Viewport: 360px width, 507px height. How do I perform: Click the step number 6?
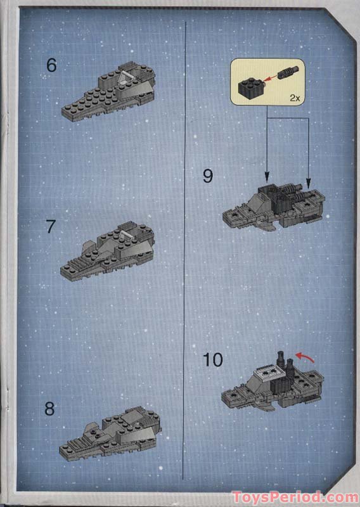click(51, 65)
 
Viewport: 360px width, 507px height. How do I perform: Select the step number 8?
click(50, 409)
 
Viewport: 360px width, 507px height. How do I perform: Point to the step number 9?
click(208, 176)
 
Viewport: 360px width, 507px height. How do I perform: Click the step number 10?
click(213, 360)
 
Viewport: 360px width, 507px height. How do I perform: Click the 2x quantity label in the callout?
click(294, 98)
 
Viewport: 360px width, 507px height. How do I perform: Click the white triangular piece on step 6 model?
click(124, 79)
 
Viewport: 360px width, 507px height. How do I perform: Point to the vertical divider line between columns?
click(184, 253)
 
